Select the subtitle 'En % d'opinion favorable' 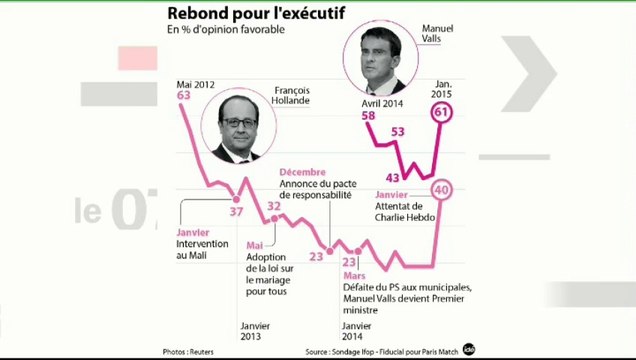(226, 30)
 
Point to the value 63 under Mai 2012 (183, 95)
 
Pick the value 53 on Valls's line (397, 132)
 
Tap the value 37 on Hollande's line (237, 211)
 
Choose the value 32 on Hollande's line (274, 207)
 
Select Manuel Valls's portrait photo (385, 58)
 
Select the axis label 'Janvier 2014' (359, 331)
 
